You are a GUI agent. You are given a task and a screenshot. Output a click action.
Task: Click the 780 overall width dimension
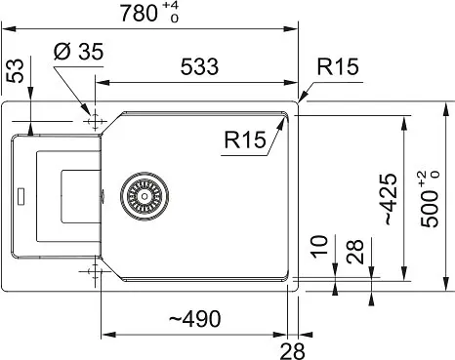(x=139, y=14)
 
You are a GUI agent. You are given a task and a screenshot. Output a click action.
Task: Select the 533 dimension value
(x=199, y=66)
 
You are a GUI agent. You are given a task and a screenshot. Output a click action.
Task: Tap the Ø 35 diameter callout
(x=78, y=52)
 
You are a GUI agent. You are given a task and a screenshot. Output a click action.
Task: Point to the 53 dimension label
(x=16, y=70)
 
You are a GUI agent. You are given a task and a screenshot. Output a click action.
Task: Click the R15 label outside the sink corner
(x=338, y=66)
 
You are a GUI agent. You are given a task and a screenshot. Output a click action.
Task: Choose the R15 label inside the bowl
(x=245, y=140)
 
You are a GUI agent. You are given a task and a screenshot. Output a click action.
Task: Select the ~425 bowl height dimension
(x=391, y=200)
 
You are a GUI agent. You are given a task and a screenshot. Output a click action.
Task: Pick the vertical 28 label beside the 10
(x=354, y=252)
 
